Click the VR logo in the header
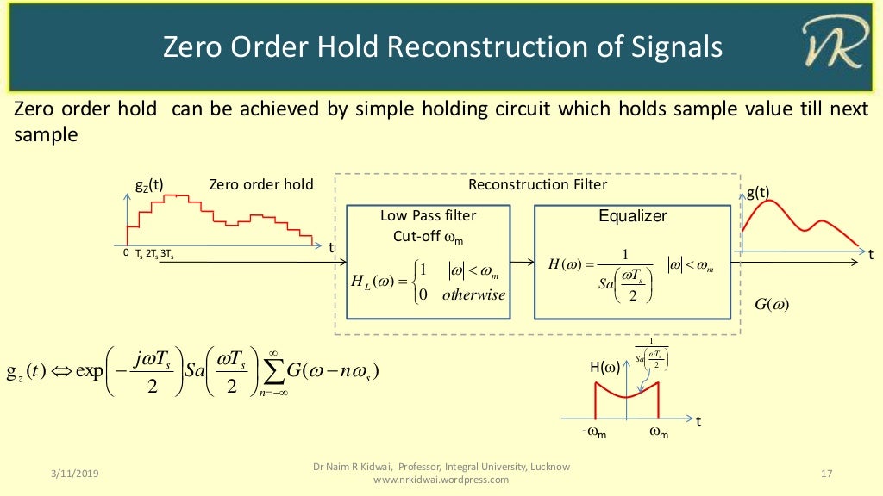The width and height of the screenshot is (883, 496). (831, 46)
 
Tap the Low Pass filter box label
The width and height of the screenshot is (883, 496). (428, 215)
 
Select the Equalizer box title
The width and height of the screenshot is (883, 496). (632, 216)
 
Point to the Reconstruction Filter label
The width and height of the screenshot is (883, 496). (537, 184)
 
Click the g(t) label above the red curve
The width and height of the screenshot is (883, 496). (758, 193)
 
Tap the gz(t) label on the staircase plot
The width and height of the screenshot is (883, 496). (149, 185)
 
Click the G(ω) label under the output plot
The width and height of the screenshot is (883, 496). (772, 304)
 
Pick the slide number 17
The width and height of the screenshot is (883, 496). (827, 474)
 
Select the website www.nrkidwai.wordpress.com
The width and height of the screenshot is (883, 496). (441, 480)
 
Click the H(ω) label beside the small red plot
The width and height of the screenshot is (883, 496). (604, 369)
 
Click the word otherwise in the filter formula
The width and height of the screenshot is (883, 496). (473, 294)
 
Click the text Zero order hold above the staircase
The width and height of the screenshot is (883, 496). (261, 185)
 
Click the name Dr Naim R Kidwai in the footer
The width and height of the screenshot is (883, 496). (354, 467)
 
